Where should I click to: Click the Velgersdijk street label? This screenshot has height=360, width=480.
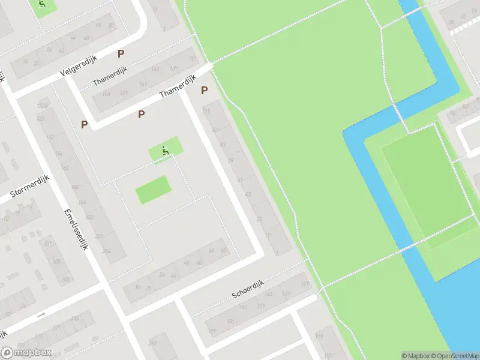(x=79, y=65)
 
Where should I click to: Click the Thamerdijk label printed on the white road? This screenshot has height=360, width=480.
(x=178, y=87)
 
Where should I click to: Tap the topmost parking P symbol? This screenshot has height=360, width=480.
(x=121, y=53)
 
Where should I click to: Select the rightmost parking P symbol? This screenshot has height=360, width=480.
(x=204, y=91)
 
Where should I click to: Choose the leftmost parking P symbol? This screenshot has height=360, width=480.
(x=85, y=124)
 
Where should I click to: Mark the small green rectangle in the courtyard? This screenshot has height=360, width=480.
(x=152, y=190)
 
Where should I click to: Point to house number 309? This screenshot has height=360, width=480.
(x=66, y=279)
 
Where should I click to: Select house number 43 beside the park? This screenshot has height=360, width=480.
(x=248, y=194)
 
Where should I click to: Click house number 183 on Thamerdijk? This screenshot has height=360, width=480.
(x=106, y=94)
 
